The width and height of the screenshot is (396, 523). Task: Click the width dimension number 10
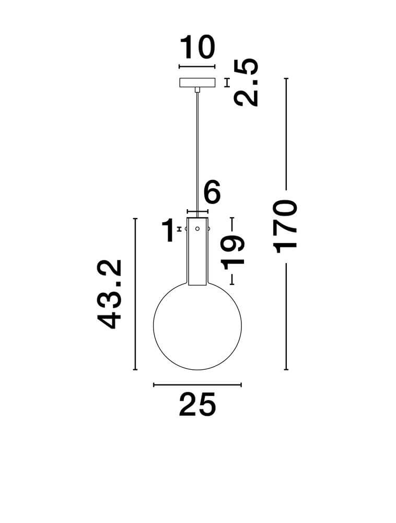(197, 48)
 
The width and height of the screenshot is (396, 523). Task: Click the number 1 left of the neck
(168, 231)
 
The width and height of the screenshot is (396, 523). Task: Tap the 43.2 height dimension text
(111, 294)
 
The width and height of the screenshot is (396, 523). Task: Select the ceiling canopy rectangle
(197, 83)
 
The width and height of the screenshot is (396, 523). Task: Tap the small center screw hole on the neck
(197, 229)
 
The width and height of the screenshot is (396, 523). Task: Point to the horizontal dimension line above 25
(197, 385)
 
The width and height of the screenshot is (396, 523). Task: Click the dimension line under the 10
(197, 67)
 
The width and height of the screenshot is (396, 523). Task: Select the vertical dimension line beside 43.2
(135, 294)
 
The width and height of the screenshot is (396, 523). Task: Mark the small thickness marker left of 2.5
(227, 83)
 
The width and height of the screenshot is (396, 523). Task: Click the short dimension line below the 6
(197, 212)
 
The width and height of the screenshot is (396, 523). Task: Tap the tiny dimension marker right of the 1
(179, 229)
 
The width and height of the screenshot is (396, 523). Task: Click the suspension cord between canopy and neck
(197, 152)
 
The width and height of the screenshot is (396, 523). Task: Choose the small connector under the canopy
(197, 90)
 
